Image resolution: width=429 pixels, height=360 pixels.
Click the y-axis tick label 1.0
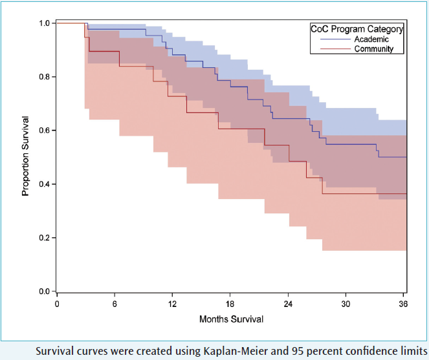point(45,23)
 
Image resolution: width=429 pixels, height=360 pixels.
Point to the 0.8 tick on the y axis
point(45,77)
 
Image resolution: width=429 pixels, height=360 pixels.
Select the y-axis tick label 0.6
point(45,131)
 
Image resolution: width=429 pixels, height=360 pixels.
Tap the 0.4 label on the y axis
point(45,184)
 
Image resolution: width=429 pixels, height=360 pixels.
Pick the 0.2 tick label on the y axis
point(45,238)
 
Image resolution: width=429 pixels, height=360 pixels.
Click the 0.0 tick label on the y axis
point(45,291)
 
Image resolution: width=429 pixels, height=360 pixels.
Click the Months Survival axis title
point(231,319)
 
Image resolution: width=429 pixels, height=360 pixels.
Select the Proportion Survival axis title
point(26,156)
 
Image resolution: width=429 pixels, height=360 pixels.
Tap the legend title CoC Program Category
point(357,29)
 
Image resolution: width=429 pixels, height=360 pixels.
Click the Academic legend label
point(371,39)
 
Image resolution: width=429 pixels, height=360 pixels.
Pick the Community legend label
point(373,49)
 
